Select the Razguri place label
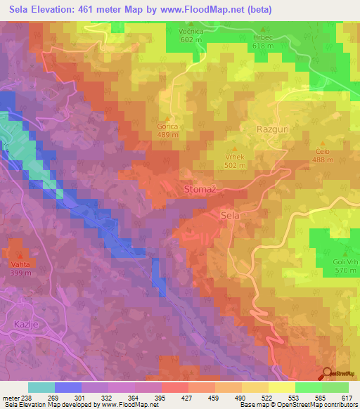click(273, 130)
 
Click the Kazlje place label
click(27, 324)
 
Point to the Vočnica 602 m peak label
click(191, 36)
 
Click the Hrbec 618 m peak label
click(262, 41)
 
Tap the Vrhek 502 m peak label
click(234, 161)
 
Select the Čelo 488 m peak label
click(323, 155)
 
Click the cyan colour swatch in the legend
click(41, 387)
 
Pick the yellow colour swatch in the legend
click(281, 387)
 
